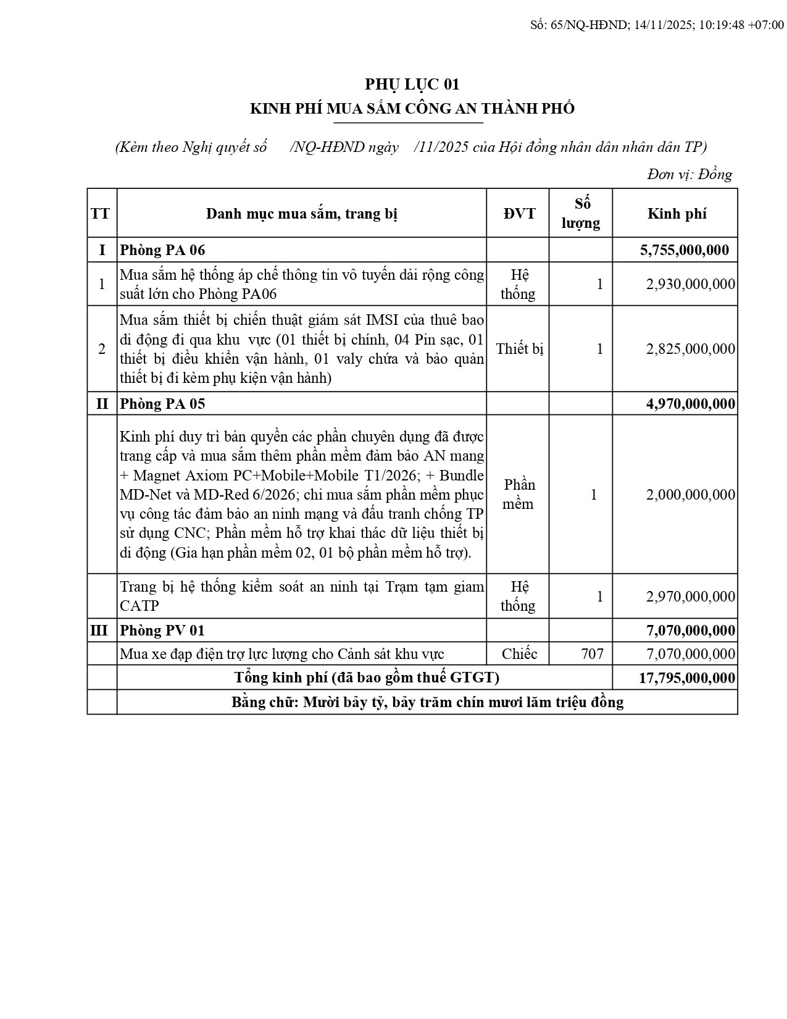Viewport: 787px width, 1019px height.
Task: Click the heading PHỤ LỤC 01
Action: [412, 84]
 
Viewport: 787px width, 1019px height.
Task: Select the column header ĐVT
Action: [519, 214]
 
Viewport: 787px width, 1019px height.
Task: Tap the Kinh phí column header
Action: [677, 214]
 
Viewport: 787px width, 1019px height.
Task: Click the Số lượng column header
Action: [581, 213]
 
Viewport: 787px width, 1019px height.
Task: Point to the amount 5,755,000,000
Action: [685, 250]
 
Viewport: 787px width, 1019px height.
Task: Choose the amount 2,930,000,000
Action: [691, 284]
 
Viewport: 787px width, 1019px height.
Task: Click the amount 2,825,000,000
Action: [691, 349]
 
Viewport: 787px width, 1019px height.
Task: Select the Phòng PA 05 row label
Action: [162, 404]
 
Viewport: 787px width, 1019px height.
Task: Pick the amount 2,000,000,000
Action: [691, 495]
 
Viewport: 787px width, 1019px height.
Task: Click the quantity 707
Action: [593, 654]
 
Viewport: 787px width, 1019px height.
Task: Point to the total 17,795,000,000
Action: [687, 678]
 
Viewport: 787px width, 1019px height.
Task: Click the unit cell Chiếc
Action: [519, 654]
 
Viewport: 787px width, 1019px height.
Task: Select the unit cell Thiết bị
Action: [519, 349]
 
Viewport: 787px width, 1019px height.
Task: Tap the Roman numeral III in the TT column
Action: [99, 631]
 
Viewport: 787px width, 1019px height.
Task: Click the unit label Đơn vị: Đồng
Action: [689, 175]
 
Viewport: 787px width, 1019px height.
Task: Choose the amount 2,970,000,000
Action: [691, 597]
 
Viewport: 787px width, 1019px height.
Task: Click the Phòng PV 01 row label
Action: [162, 631]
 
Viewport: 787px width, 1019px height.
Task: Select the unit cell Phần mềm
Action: [518, 495]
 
